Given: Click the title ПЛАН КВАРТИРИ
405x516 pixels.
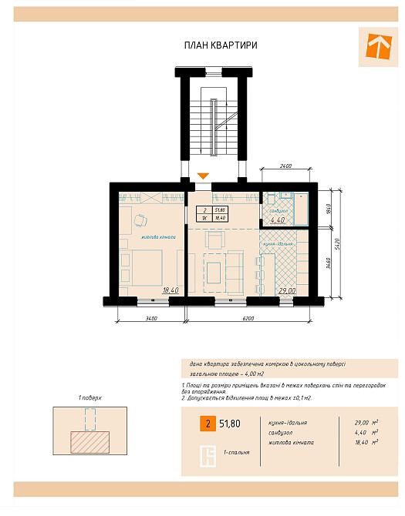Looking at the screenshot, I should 221,46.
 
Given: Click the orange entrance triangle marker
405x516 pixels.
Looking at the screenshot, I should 202,176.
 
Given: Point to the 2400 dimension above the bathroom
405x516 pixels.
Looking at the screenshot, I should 285,166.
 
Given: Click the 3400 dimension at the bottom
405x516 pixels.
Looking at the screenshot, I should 150,317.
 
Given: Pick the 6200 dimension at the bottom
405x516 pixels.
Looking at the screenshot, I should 248,317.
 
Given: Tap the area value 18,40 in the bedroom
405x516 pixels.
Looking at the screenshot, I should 170,290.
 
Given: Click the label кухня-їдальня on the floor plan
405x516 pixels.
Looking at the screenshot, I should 277,243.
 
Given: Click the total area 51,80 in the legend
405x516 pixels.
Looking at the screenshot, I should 229,423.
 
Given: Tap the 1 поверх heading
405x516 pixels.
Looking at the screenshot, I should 90,398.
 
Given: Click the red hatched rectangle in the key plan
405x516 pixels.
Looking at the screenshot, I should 89,441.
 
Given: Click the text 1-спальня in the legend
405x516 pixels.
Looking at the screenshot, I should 237,452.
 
